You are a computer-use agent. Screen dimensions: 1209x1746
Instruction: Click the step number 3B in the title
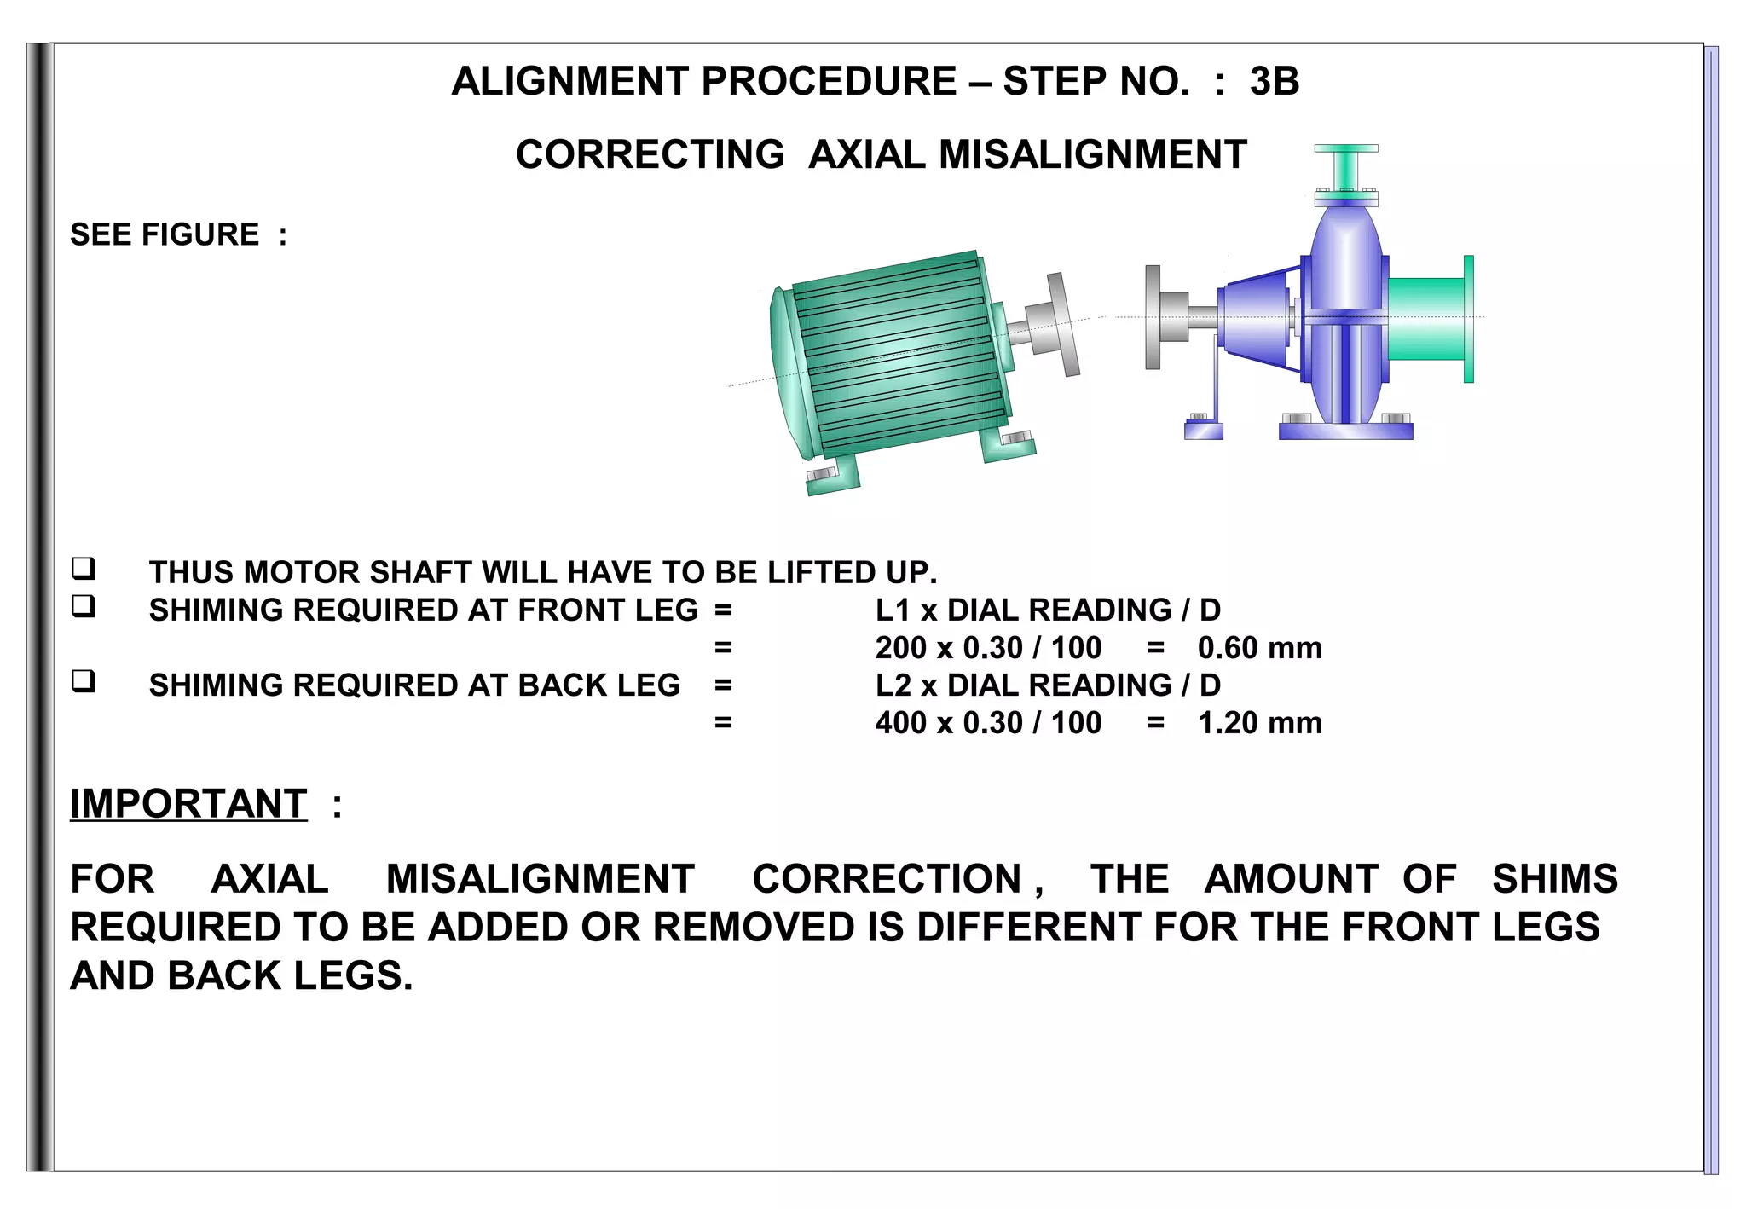[x=1274, y=82]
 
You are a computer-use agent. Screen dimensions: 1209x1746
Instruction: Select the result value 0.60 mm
[x=1259, y=648]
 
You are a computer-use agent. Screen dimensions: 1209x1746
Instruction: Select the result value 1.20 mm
[x=1259, y=723]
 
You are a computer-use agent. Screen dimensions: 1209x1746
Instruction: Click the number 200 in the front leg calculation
[x=901, y=648]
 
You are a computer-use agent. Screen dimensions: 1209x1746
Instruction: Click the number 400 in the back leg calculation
[x=901, y=723]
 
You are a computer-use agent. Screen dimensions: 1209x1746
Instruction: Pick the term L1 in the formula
[x=893, y=610]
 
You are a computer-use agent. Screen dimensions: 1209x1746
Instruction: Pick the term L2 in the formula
[x=894, y=685]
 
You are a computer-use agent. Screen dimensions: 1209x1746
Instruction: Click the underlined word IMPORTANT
[x=188, y=804]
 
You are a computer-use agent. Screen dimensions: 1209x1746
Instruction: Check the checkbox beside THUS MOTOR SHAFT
[x=84, y=568]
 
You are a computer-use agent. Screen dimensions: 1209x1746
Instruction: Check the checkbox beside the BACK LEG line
[x=84, y=681]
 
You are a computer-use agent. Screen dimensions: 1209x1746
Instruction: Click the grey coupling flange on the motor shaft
[x=1061, y=324]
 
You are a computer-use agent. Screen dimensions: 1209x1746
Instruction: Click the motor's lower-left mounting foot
[x=831, y=478]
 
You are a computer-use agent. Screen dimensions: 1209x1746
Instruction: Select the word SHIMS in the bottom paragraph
[x=1553, y=879]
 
